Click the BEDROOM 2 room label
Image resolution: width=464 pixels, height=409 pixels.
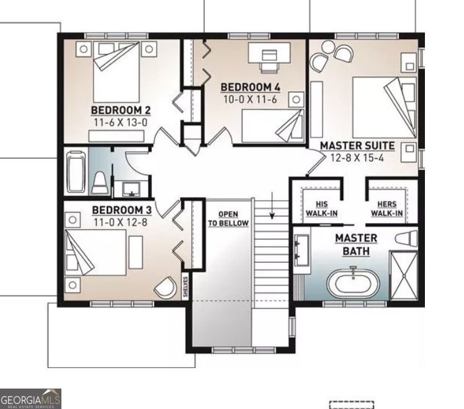(x=121, y=110)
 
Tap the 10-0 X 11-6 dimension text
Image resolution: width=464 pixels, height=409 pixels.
(x=251, y=99)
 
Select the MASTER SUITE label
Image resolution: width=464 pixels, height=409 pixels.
(x=357, y=146)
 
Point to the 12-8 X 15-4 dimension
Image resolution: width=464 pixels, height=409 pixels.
(x=357, y=158)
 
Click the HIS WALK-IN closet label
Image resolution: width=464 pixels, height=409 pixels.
(x=322, y=209)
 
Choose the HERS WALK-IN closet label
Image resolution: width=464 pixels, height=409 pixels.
(x=387, y=209)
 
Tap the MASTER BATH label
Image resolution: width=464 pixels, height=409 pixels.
(x=356, y=245)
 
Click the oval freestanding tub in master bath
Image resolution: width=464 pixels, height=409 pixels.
(x=353, y=283)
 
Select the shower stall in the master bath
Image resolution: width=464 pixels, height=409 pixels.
(x=403, y=276)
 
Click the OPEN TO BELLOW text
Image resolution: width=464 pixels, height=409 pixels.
(x=228, y=219)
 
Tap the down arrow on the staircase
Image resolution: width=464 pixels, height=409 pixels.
(x=272, y=206)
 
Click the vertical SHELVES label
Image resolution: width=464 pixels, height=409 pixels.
(x=185, y=287)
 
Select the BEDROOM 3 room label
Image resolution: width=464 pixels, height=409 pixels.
(x=122, y=210)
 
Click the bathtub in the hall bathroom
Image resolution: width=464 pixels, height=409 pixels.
(x=76, y=172)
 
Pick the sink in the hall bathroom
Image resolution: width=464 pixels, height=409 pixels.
(x=131, y=189)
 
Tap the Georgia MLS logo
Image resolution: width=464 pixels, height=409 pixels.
(x=30, y=399)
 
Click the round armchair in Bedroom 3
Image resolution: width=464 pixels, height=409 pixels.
(x=165, y=288)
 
